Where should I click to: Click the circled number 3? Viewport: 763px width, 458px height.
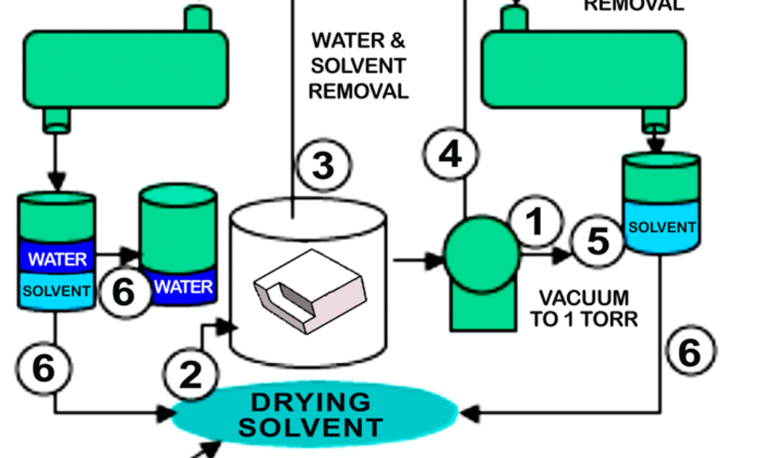click(x=323, y=165)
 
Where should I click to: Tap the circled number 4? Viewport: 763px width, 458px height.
click(x=449, y=154)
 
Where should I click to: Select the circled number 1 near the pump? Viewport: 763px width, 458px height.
click(x=536, y=223)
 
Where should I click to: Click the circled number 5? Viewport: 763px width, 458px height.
click(x=598, y=240)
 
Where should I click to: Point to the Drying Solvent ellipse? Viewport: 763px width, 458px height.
click(x=314, y=415)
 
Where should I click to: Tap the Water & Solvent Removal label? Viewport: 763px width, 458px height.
click(x=358, y=66)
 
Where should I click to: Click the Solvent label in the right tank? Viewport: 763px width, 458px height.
click(x=662, y=228)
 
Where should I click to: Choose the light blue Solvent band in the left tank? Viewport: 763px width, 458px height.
click(x=56, y=291)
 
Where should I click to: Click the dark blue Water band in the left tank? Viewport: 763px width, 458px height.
click(x=57, y=259)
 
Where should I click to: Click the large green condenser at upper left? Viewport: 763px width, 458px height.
click(x=125, y=69)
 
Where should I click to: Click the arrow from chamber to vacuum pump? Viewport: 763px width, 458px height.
click(x=418, y=260)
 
